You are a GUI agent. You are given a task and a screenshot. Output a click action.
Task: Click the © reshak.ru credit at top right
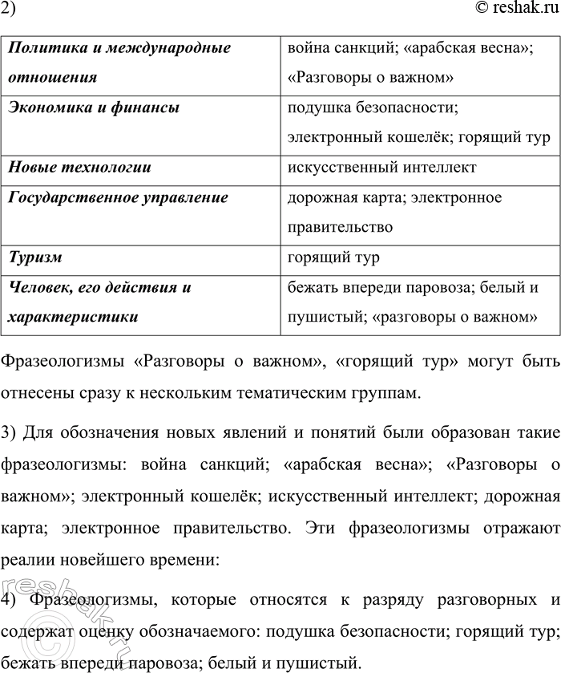[x=510, y=10]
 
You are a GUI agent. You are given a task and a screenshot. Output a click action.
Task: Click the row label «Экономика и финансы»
[x=93, y=107]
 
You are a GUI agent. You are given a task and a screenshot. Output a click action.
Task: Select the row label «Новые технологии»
[x=79, y=168]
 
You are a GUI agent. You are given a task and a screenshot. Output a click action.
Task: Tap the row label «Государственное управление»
[x=118, y=197]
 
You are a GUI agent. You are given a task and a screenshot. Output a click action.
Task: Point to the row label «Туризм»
[x=35, y=257]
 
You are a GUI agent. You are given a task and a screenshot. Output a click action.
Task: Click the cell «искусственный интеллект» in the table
[x=381, y=168]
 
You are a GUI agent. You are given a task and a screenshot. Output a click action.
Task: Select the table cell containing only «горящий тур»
[x=333, y=257]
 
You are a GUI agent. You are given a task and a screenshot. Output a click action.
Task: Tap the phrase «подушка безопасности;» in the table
[x=372, y=107]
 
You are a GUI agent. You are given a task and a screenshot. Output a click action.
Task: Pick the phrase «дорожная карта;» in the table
[x=343, y=197]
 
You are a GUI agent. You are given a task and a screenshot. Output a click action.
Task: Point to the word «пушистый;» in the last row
[x=326, y=317]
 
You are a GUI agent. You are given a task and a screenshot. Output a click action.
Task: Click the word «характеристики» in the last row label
[x=72, y=317]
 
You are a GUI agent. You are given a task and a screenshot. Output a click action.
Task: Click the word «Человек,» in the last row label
[x=41, y=287]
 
